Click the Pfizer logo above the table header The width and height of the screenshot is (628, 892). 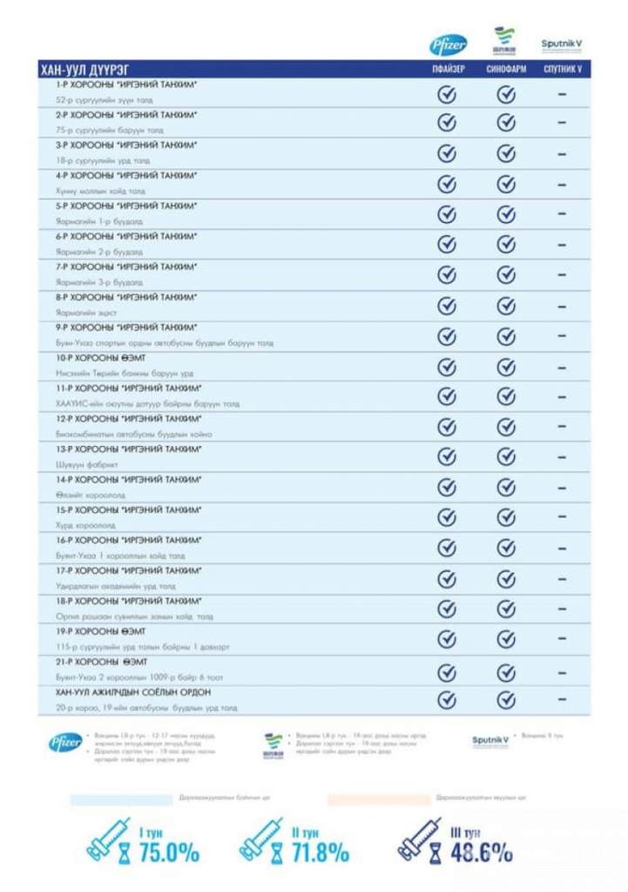[x=448, y=44]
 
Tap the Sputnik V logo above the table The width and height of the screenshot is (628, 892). [x=562, y=44]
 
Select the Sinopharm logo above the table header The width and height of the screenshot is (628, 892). [x=505, y=40]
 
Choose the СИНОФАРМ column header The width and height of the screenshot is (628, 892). [x=506, y=69]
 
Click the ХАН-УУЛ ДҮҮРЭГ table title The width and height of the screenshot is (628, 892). [x=85, y=69]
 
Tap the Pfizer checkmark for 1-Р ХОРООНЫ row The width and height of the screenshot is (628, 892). [x=448, y=93]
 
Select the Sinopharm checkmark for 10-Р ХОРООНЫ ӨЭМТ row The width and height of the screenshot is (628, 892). [x=506, y=366]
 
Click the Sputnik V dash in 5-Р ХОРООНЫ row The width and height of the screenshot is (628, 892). [x=563, y=213]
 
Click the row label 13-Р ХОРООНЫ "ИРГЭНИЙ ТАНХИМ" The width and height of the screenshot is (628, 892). [x=127, y=449]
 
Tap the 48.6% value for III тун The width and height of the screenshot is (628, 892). [x=482, y=852]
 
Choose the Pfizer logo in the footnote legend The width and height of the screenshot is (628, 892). [x=65, y=742]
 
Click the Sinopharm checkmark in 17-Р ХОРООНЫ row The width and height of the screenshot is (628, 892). [x=506, y=578]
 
